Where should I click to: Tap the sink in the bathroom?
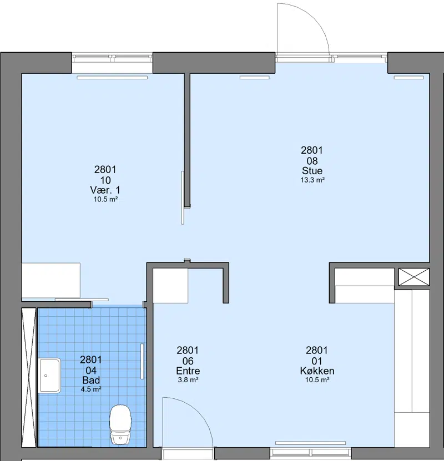pyautogui.click(x=49, y=376)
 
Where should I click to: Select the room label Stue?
pyautogui.click(x=312, y=170)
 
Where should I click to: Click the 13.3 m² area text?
pyautogui.click(x=312, y=180)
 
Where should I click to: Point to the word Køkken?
pyautogui.click(x=317, y=371)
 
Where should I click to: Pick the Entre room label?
pyautogui.click(x=188, y=371)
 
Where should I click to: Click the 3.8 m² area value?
pyautogui.click(x=188, y=380)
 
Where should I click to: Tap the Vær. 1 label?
pyautogui.click(x=105, y=190)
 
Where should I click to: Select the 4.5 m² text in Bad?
pyautogui.click(x=91, y=389)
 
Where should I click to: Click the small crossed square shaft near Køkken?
pyautogui.click(x=413, y=277)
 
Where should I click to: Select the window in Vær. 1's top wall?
pyautogui.click(x=112, y=58)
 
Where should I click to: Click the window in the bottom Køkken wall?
pyautogui.click(x=310, y=452)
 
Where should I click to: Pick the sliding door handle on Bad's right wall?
pyautogui.click(x=142, y=361)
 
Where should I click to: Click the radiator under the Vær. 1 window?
pyautogui.click(x=112, y=78)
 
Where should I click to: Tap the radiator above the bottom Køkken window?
pyautogui.click(x=310, y=443)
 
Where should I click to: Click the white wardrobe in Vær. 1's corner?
pyautogui.click(x=51, y=280)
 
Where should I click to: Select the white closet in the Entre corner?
pyautogui.click(x=170, y=286)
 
